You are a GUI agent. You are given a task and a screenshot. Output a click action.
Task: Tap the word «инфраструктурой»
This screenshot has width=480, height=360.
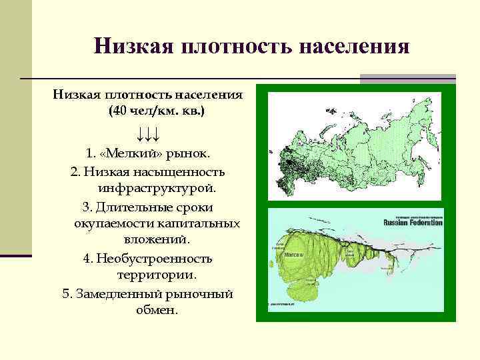click(157, 189)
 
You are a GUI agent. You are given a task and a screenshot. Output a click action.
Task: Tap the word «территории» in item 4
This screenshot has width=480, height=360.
click(157, 275)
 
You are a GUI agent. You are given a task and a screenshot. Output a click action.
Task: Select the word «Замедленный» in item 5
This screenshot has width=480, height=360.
click(123, 293)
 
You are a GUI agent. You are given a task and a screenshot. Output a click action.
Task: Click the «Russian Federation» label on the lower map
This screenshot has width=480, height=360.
click(413, 223)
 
